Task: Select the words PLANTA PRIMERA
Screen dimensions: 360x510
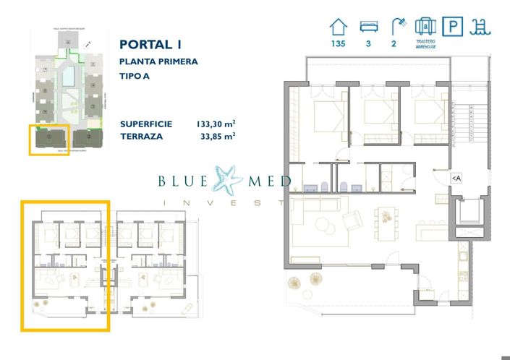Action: pyautogui.click(x=158, y=62)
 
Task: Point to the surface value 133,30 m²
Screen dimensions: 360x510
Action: pyautogui.click(x=216, y=124)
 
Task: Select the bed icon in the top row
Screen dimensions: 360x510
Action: pyautogui.click(x=368, y=27)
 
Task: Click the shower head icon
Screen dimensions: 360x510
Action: pyautogui.click(x=397, y=27)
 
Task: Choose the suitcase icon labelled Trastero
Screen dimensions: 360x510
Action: pyautogui.click(x=425, y=27)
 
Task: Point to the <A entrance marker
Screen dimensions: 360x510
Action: pyautogui.click(x=456, y=178)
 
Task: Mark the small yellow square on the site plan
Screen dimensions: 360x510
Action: pyautogui.click(x=49, y=139)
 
